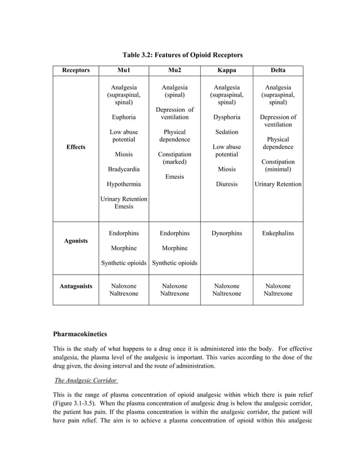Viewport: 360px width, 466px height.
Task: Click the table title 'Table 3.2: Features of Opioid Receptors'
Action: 183,55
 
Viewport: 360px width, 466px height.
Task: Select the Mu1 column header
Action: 124,71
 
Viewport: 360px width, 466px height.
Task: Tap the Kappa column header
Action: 226,71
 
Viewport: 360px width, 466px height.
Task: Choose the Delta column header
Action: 278,71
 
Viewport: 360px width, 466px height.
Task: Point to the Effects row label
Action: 76,147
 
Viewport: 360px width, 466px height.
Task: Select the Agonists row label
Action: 76,240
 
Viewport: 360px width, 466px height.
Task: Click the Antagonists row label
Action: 76,287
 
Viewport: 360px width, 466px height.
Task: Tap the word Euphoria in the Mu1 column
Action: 124,117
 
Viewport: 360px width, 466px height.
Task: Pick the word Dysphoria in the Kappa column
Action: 226,117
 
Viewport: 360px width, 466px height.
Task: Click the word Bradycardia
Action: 124,169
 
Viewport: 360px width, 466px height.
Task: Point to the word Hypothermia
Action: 124,184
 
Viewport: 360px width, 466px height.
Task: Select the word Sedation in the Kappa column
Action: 226,132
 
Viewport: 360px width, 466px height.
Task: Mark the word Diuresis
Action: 226,184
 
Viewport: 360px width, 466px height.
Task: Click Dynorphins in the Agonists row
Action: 226,233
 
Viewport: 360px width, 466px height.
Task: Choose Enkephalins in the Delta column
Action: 278,233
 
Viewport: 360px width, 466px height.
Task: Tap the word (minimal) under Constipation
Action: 278,169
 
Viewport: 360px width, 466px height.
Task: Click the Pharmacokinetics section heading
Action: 80,335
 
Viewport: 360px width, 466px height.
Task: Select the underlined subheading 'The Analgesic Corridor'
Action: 82,380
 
